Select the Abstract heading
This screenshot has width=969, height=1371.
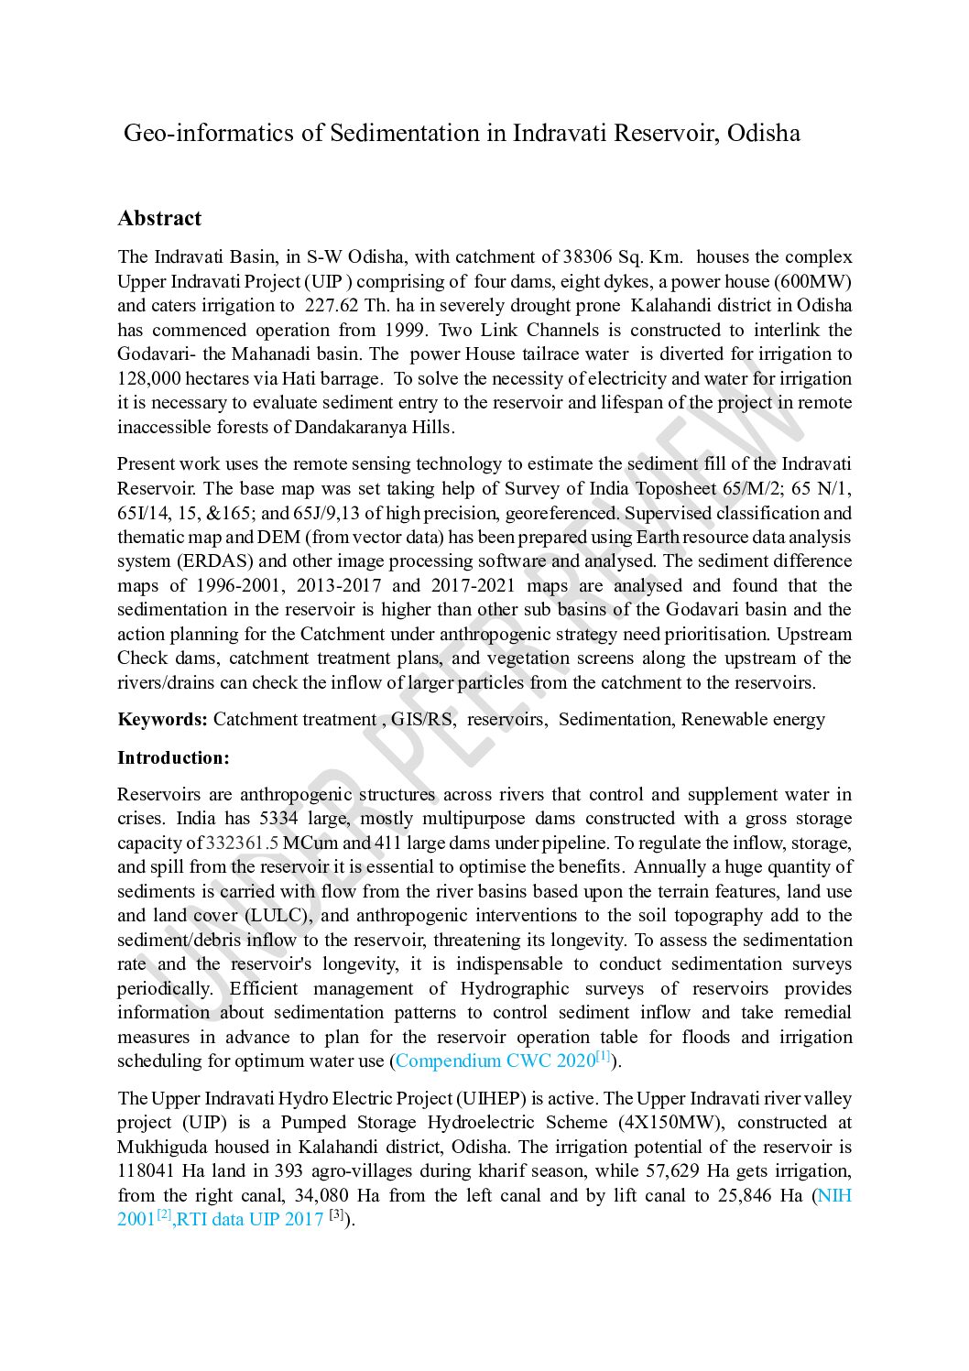159,219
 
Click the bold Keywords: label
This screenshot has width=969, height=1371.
163,720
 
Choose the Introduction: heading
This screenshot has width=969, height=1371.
173,758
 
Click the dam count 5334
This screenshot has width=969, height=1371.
278,819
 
